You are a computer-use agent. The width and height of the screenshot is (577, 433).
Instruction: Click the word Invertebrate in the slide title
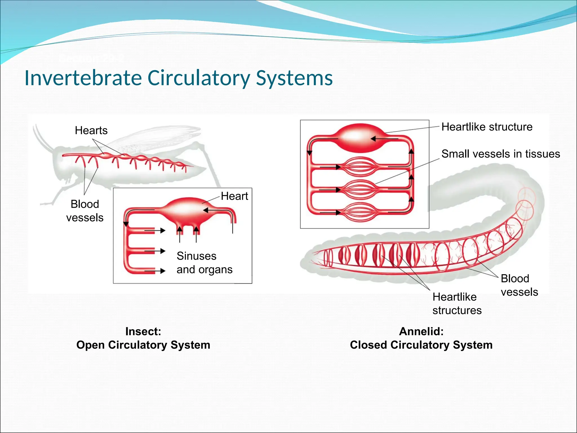(83, 78)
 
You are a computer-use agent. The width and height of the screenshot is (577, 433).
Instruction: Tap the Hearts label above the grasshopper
(91, 131)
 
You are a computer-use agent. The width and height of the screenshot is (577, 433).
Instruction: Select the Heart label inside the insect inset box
(234, 196)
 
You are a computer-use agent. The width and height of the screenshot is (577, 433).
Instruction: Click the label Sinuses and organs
(204, 263)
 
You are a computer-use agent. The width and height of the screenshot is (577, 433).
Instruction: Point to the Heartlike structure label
(487, 127)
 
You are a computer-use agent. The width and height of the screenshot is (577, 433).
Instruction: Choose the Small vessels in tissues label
(501, 154)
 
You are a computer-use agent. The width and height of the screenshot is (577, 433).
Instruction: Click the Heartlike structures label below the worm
(457, 304)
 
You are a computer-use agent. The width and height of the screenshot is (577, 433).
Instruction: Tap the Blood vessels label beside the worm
(519, 285)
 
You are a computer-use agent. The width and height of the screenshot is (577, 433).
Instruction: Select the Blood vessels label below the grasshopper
(85, 211)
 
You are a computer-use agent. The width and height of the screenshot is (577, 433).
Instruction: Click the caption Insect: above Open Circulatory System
(143, 332)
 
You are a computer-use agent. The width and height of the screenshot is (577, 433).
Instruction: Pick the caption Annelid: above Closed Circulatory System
(421, 332)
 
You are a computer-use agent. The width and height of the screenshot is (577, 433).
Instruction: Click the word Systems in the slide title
(294, 78)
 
